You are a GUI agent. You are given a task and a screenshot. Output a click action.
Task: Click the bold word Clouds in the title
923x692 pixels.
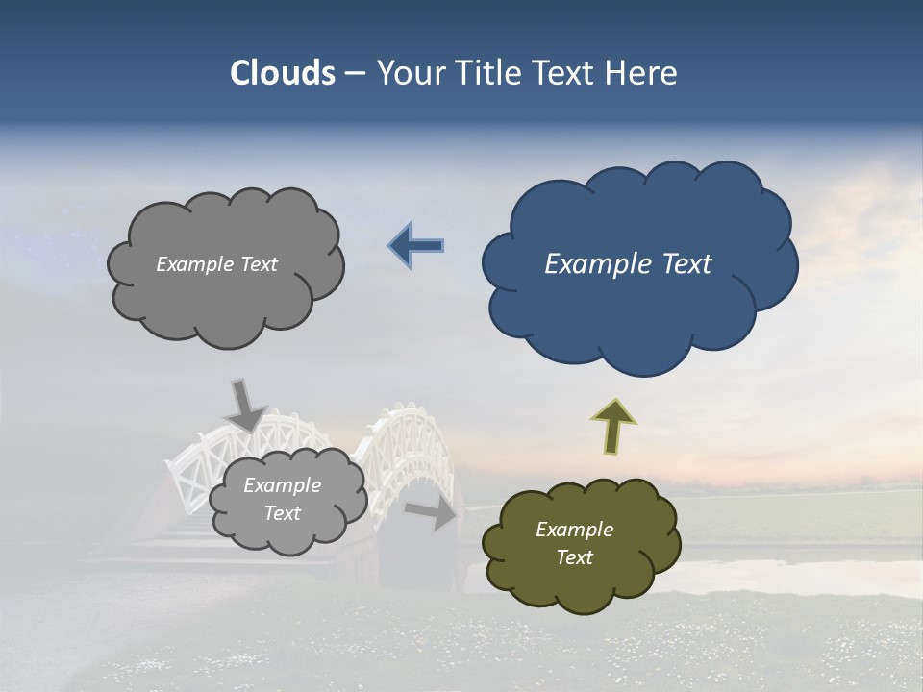pos(283,73)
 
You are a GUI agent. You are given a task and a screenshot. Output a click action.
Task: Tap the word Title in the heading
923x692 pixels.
pos(491,73)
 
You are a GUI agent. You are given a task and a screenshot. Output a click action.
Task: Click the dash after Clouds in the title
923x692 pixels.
pos(355,74)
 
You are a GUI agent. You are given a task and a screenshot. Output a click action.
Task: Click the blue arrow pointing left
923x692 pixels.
pos(417,246)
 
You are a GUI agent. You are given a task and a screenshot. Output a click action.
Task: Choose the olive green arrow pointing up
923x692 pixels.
pos(613,425)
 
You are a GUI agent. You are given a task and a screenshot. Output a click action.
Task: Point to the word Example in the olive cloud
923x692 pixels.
pos(574,530)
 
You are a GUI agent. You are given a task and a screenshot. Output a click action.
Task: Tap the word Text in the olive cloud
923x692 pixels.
pos(574,557)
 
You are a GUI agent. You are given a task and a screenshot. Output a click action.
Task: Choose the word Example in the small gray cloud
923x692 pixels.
pos(282,485)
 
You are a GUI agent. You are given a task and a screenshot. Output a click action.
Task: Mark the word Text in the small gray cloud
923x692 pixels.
pos(282,513)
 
